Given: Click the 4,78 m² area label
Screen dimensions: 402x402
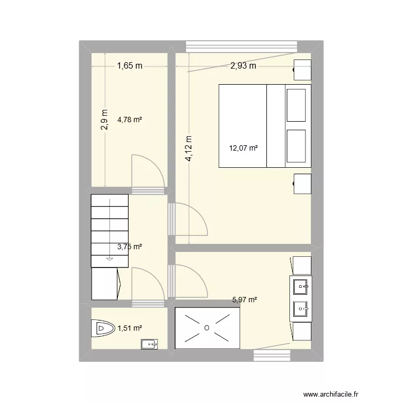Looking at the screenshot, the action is (130, 120).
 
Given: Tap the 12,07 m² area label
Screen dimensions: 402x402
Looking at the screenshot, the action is (243, 148).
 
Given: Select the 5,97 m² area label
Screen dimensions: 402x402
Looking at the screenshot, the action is (244, 300).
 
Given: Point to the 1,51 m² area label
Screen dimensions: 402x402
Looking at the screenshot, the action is (130, 328).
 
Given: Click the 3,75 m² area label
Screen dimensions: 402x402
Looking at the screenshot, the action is (130, 247).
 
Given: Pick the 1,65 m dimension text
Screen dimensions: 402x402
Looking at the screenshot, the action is (130, 66).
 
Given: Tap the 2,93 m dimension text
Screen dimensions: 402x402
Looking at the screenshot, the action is (243, 66).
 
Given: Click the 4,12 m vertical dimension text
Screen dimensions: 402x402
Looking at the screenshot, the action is (189, 148).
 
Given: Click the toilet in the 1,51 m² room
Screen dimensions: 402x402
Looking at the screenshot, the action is (103, 328).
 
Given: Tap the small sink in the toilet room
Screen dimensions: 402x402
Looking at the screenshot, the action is (149, 344).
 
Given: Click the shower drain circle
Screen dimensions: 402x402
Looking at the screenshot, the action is (207, 327).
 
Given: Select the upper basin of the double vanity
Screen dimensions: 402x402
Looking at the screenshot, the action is (301, 287).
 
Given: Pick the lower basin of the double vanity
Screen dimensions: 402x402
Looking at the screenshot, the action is (301, 309).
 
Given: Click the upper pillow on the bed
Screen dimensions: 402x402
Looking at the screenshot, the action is (296, 106).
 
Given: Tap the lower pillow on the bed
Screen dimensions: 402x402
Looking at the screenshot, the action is (296, 146).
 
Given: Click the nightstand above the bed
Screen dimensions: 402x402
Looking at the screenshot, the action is (302, 70).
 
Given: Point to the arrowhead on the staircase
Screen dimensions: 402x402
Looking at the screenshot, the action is (110, 259).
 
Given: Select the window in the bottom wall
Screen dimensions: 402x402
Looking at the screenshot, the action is (272, 355).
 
